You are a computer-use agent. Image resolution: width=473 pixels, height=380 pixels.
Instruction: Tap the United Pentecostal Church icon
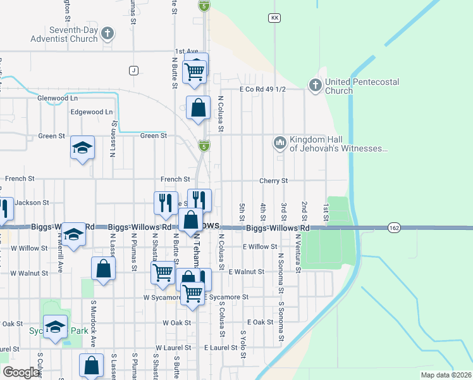click(315, 84)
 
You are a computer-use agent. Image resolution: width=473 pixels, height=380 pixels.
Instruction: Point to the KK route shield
click(274, 18)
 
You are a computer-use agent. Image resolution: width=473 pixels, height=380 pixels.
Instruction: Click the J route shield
click(133, 70)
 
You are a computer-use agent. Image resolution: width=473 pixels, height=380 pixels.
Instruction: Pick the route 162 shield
click(395, 227)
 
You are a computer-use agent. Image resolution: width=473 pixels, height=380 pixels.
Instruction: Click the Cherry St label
click(273, 180)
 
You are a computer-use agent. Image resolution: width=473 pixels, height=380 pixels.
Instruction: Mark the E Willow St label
click(260, 246)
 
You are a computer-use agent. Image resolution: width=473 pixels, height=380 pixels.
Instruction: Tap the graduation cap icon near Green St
click(82, 148)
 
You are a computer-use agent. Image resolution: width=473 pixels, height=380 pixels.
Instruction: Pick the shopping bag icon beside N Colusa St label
click(199, 108)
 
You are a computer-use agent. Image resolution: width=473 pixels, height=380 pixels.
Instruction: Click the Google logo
click(21, 372)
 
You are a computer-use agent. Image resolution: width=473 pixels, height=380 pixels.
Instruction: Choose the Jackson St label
click(32, 203)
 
